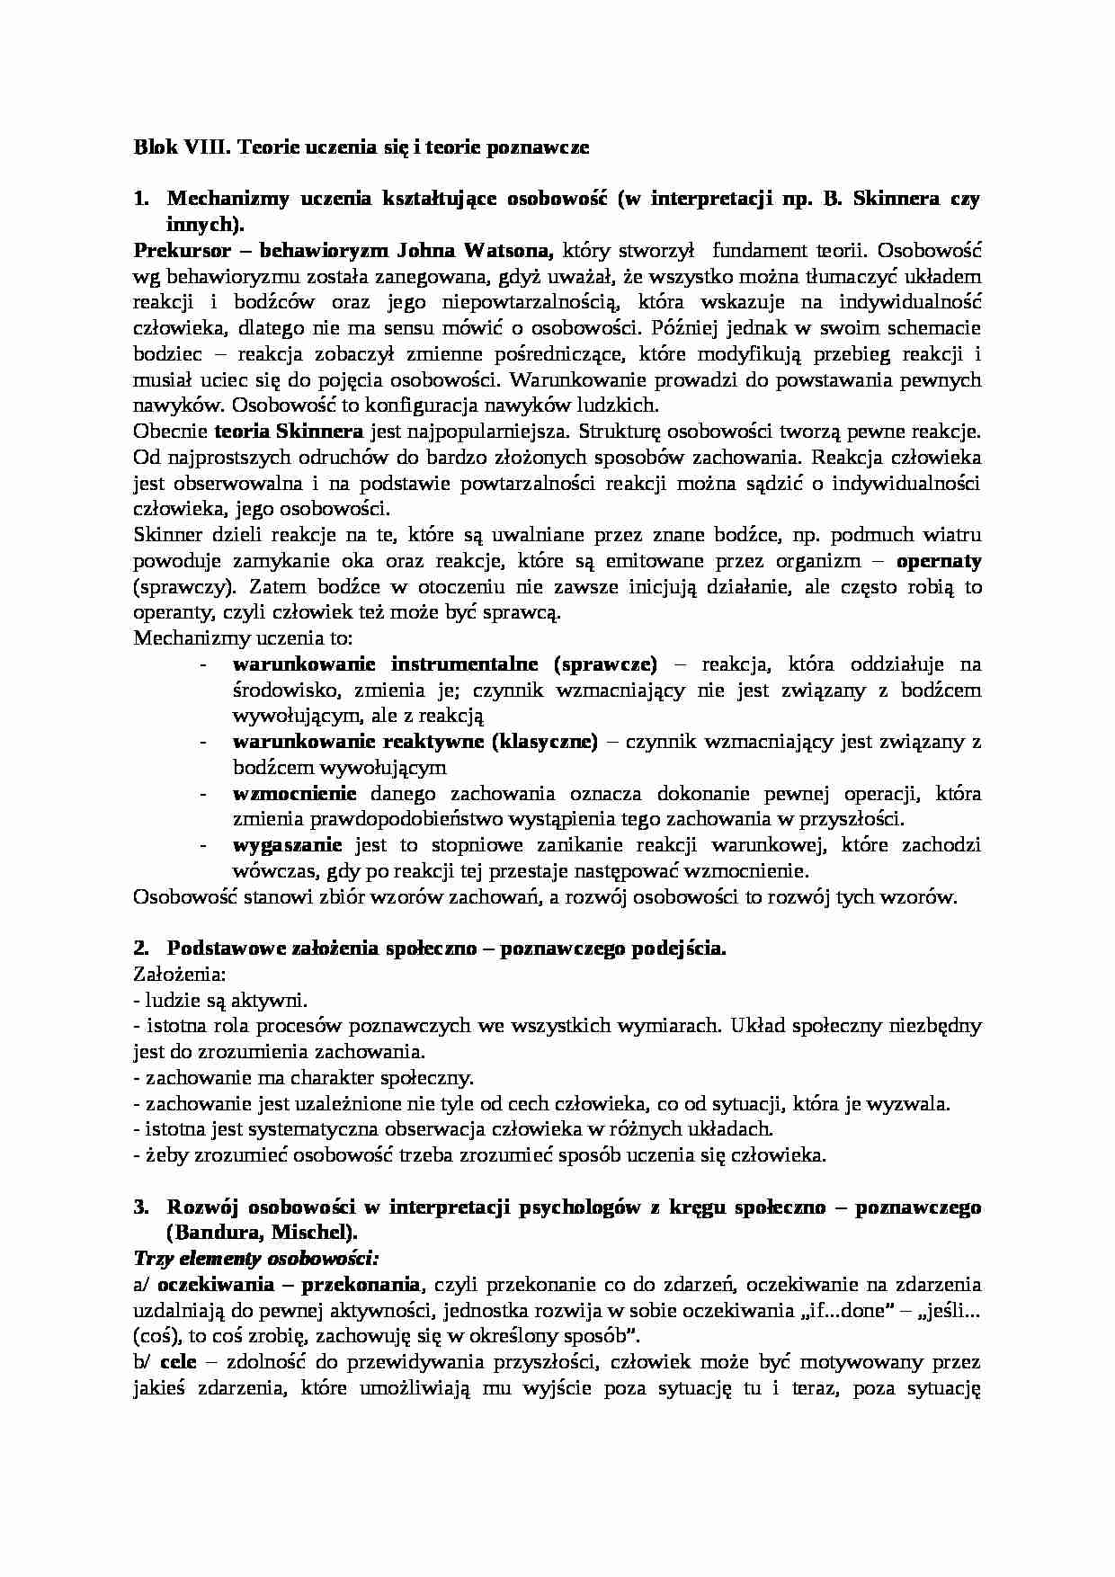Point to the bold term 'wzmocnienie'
[x=294, y=794]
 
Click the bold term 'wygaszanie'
[x=287, y=845]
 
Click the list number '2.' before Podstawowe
[x=140, y=949]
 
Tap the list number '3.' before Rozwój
[x=140, y=1207]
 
